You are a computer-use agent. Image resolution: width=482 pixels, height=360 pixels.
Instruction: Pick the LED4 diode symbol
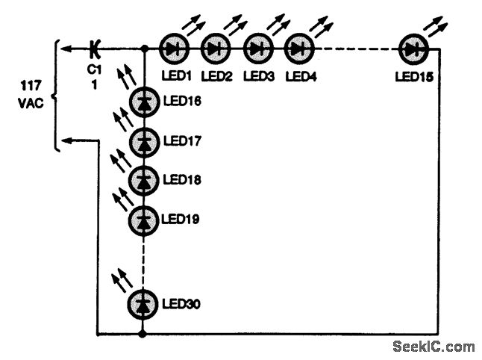click(x=298, y=49)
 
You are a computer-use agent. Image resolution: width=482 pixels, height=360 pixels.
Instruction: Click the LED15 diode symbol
click(x=413, y=49)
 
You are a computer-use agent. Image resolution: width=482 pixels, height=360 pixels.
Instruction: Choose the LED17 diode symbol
click(x=143, y=140)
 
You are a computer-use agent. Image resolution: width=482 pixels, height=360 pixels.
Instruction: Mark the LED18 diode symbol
click(x=143, y=180)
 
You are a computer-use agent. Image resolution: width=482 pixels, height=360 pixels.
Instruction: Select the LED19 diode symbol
click(x=143, y=220)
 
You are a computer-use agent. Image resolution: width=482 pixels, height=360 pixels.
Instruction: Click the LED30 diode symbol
click(x=143, y=304)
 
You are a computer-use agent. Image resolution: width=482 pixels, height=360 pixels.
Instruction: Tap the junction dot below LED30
click(x=143, y=333)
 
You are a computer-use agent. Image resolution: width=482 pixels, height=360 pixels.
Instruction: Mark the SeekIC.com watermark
click(x=433, y=347)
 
